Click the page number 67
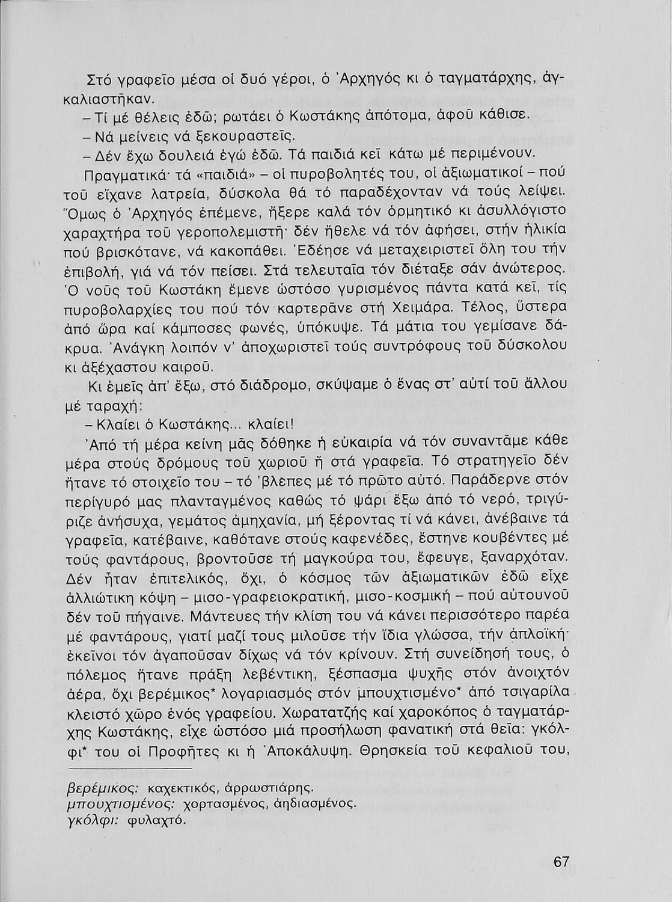click(x=561, y=861)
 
